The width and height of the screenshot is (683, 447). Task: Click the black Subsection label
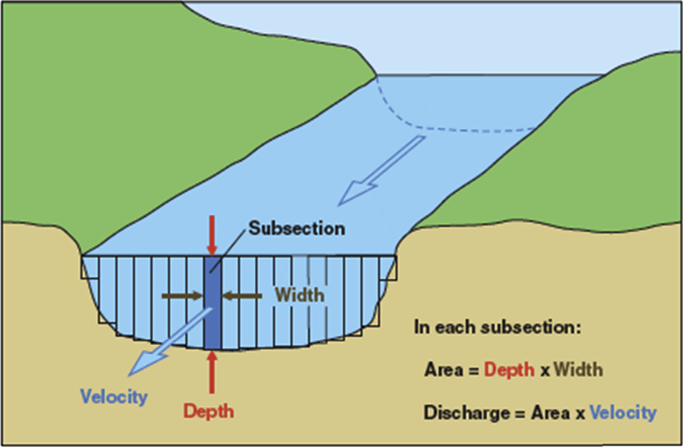(296, 228)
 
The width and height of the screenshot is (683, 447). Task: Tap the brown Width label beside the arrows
(300, 294)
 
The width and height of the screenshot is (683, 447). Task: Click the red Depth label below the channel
(209, 410)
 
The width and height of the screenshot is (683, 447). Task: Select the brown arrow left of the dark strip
(182, 295)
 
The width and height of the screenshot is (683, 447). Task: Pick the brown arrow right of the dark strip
(242, 295)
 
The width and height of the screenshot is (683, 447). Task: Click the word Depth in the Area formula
(509, 370)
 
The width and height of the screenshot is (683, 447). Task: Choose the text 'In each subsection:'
(497, 327)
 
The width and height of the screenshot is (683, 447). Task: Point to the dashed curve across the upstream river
(458, 127)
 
